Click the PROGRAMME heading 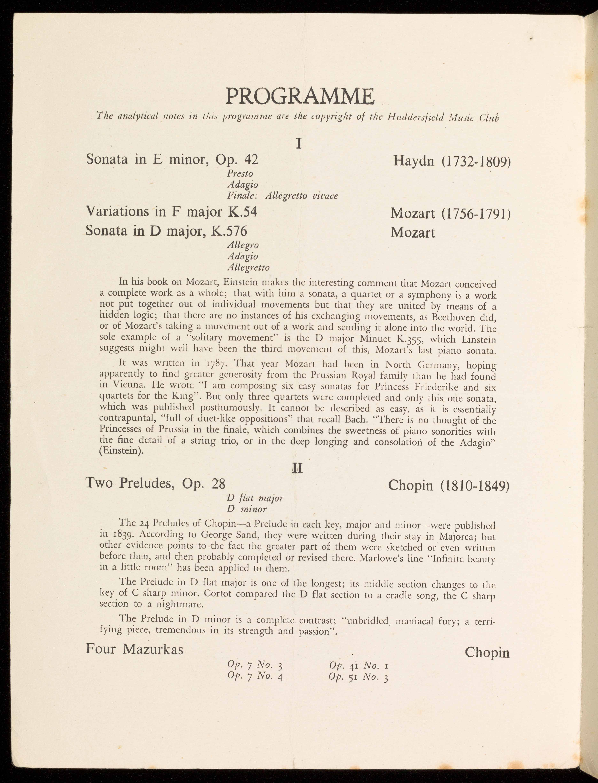coord(299,96)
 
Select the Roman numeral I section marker coord(298,144)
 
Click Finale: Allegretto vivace coord(282,196)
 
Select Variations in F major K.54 coord(171,212)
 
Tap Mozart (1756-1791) coord(450,214)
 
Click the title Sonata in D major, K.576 coord(166,232)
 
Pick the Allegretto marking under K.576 coord(248,267)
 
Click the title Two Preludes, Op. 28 coord(156,484)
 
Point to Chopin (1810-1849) coord(448,486)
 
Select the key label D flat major coord(255,498)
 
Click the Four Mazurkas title coord(134,649)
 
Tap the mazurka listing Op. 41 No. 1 coord(359,666)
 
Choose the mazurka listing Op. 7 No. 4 coord(255,677)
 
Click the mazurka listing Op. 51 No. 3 coord(359,677)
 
